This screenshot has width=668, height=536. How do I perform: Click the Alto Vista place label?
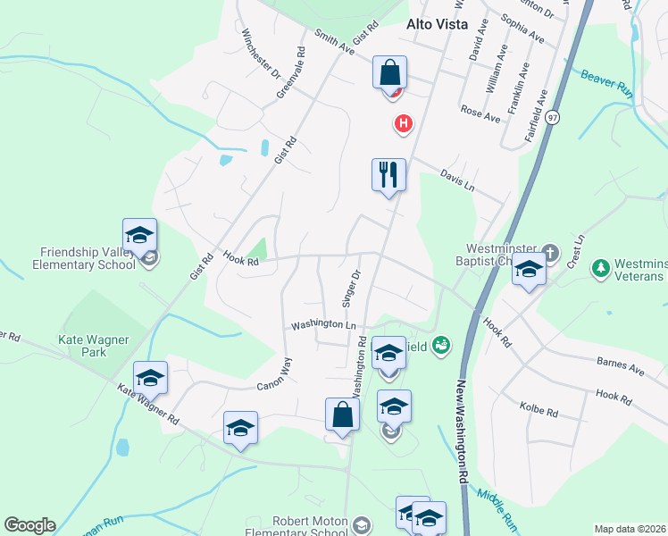coord(438,25)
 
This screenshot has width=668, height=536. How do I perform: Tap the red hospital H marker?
coord(404,123)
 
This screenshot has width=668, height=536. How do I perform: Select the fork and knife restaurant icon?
coord(388,173)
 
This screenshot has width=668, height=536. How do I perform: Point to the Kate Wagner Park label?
coord(94,346)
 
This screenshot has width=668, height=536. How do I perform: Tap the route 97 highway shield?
coord(554,117)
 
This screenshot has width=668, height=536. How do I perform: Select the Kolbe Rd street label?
coord(539,410)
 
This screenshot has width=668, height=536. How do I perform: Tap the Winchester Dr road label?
coord(261,53)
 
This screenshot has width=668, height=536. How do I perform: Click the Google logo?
coord(29,525)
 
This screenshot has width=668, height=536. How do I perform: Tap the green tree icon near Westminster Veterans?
coord(601,267)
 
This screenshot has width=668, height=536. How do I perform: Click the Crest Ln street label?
coord(580,250)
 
